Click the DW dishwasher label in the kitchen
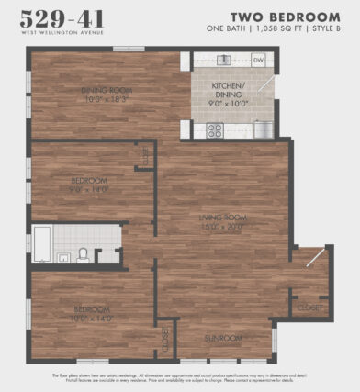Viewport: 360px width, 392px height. click(258, 61)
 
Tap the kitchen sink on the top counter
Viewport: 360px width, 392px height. click(224, 61)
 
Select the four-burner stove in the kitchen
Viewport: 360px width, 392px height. click(215, 129)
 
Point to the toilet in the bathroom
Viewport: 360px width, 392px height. click(82, 254)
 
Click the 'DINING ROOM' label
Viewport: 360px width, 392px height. click(108, 89)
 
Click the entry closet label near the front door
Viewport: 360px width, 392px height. click(309, 308)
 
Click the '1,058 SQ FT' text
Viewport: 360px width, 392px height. click(281, 31)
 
